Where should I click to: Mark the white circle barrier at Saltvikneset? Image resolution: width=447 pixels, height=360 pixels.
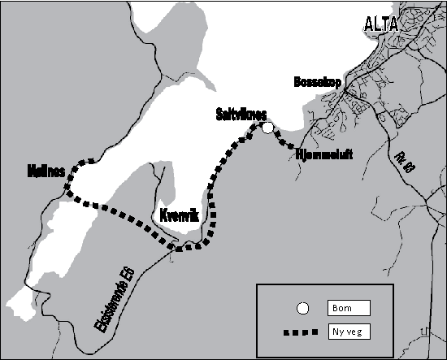(267, 127)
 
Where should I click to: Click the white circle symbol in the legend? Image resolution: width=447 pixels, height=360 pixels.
(302, 308)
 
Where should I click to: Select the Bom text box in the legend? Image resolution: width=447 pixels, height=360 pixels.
(349, 308)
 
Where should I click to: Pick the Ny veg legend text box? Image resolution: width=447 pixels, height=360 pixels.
(349, 332)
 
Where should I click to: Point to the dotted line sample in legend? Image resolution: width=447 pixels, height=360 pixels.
(301, 332)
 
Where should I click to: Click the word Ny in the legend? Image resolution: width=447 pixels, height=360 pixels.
(339, 332)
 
